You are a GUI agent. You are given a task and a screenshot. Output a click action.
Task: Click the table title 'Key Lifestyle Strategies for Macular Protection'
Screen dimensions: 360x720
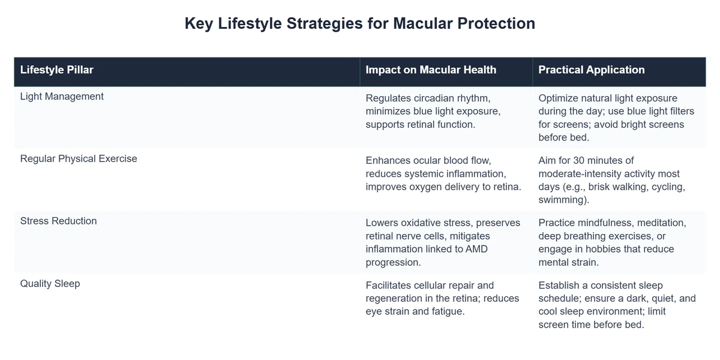[359, 24]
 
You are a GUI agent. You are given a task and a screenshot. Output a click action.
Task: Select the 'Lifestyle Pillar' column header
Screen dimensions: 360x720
[57, 70]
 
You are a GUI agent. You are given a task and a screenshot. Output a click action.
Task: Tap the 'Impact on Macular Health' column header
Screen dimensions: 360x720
[431, 70]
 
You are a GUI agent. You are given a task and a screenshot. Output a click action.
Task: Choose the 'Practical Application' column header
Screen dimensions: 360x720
[591, 70]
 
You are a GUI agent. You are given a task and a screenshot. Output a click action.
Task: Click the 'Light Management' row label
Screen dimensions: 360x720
[62, 96]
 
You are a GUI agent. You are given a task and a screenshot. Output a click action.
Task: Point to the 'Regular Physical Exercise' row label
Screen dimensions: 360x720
[79, 158]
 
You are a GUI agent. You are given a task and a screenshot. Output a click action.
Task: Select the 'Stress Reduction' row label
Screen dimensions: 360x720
[58, 221]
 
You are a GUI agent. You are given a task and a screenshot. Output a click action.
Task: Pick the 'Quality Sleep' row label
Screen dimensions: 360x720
[50, 283]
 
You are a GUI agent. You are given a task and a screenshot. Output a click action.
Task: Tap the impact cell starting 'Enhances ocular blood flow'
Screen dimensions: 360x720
[443, 173]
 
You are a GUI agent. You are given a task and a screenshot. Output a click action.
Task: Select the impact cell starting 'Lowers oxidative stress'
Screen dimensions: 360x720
[443, 242]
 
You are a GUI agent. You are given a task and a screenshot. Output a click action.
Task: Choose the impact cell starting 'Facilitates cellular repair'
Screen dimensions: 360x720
[442, 298]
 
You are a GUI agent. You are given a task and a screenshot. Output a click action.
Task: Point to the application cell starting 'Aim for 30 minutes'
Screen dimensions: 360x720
[611, 180]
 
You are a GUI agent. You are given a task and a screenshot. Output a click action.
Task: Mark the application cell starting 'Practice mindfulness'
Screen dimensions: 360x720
[612, 242]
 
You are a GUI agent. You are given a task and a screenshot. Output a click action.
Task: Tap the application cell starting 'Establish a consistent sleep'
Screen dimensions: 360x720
[617, 305]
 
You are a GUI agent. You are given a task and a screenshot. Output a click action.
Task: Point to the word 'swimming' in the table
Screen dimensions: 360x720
[562, 199]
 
